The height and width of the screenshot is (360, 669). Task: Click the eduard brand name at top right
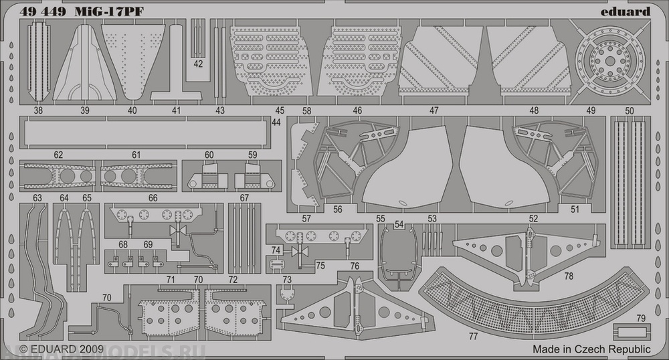click(x=626, y=11)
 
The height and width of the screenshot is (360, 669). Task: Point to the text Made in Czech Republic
click(x=591, y=349)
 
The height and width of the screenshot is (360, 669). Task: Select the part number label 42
click(x=198, y=64)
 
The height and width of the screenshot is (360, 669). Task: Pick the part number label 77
click(x=473, y=335)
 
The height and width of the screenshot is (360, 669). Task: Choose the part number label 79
click(x=641, y=318)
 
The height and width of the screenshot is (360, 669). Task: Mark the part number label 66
click(x=153, y=198)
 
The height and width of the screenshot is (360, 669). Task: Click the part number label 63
click(x=37, y=197)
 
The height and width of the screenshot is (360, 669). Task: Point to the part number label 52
click(x=533, y=218)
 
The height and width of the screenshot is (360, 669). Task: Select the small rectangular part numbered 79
click(x=630, y=331)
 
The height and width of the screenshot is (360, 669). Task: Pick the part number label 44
click(x=276, y=122)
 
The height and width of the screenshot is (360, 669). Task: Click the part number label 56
click(x=338, y=209)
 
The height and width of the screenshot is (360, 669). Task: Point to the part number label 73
click(x=287, y=279)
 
